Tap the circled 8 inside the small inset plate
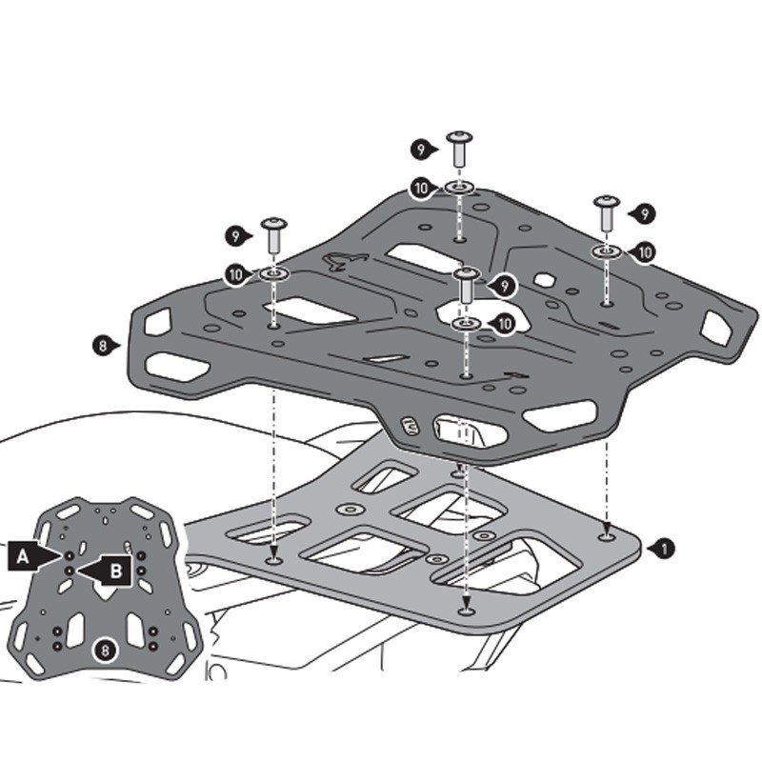(106, 651)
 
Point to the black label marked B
(113, 571)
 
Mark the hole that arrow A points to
(70, 555)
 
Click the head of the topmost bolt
(460, 136)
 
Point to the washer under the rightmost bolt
(606, 251)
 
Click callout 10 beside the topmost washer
(422, 189)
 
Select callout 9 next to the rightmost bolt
(644, 211)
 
